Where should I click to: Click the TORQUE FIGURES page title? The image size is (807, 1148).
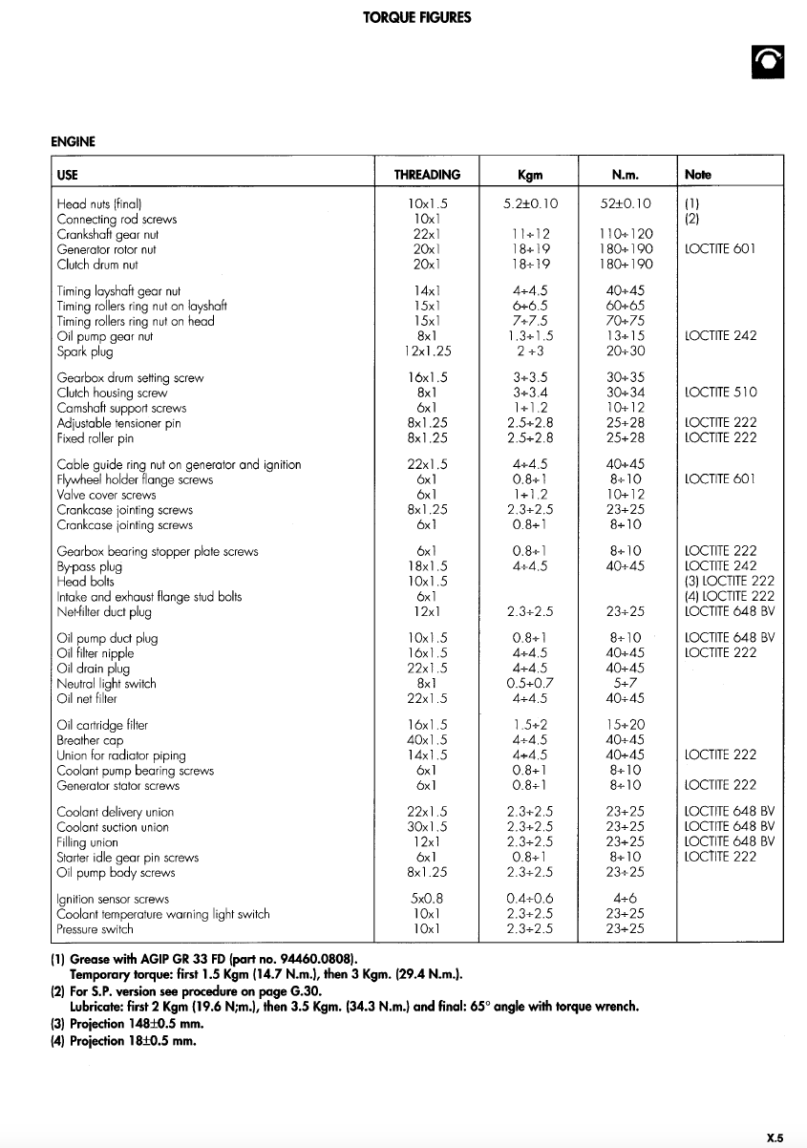pyautogui.click(x=416, y=17)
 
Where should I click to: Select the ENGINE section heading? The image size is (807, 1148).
pyautogui.click(x=73, y=142)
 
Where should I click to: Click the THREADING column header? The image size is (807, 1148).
pyautogui.click(x=427, y=175)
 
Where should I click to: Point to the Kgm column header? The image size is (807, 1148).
pyautogui.click(x=530, y=175)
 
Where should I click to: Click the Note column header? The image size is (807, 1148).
pyautogui.click(x=698, y=175)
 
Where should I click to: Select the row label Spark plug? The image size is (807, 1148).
pyautogui.click(x=83, y=351)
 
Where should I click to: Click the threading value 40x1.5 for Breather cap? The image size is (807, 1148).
pyautogui.click(x=427, y=740)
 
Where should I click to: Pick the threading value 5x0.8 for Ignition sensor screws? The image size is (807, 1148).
pyautogui.click(x=427, y=899)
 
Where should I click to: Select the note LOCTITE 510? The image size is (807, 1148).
pyautogui.click(x=721, y=393)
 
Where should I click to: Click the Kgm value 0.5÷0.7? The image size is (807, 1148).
pyautogui.click(x=530, y=684)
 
